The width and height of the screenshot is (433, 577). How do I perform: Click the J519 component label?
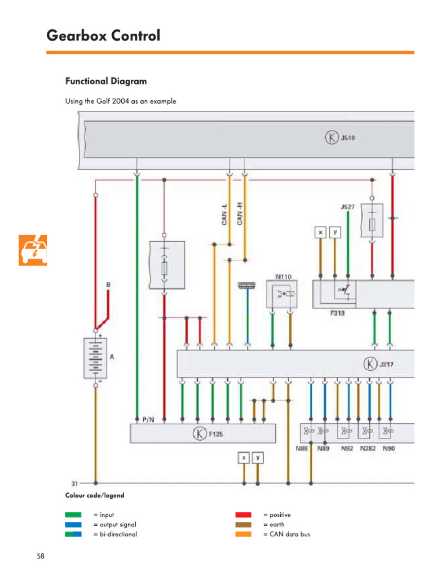347,137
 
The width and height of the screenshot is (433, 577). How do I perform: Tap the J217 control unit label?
386,364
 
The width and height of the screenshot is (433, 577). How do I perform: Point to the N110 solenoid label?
283,277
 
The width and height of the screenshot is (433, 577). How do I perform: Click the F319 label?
338,312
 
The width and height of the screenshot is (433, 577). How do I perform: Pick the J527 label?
347,207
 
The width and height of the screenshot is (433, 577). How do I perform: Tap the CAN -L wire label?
224,214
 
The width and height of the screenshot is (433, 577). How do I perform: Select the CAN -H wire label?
240,214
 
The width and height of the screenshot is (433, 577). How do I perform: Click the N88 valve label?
302,449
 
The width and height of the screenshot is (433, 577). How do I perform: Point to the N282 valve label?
368,449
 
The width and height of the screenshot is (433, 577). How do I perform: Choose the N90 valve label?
389,449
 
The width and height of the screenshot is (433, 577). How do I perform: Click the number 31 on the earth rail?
74,483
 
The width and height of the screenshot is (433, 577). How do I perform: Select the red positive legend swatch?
243,515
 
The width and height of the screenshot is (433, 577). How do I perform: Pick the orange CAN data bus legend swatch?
243,534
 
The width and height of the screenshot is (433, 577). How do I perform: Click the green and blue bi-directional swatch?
73,534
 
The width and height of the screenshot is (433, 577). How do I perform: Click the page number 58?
41,557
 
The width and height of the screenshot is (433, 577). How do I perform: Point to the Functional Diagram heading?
106,81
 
